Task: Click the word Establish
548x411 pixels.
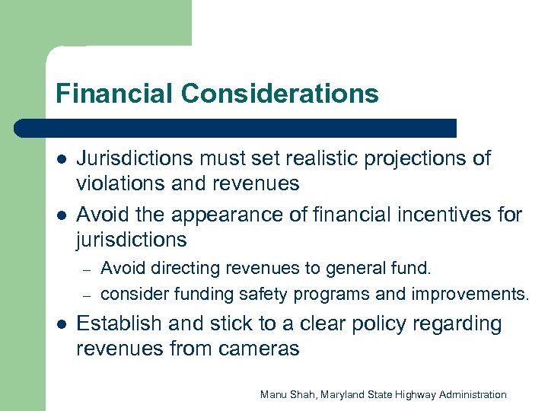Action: click(x=118, y=324)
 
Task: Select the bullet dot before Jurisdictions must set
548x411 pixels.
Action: click(x=62, y=160)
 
